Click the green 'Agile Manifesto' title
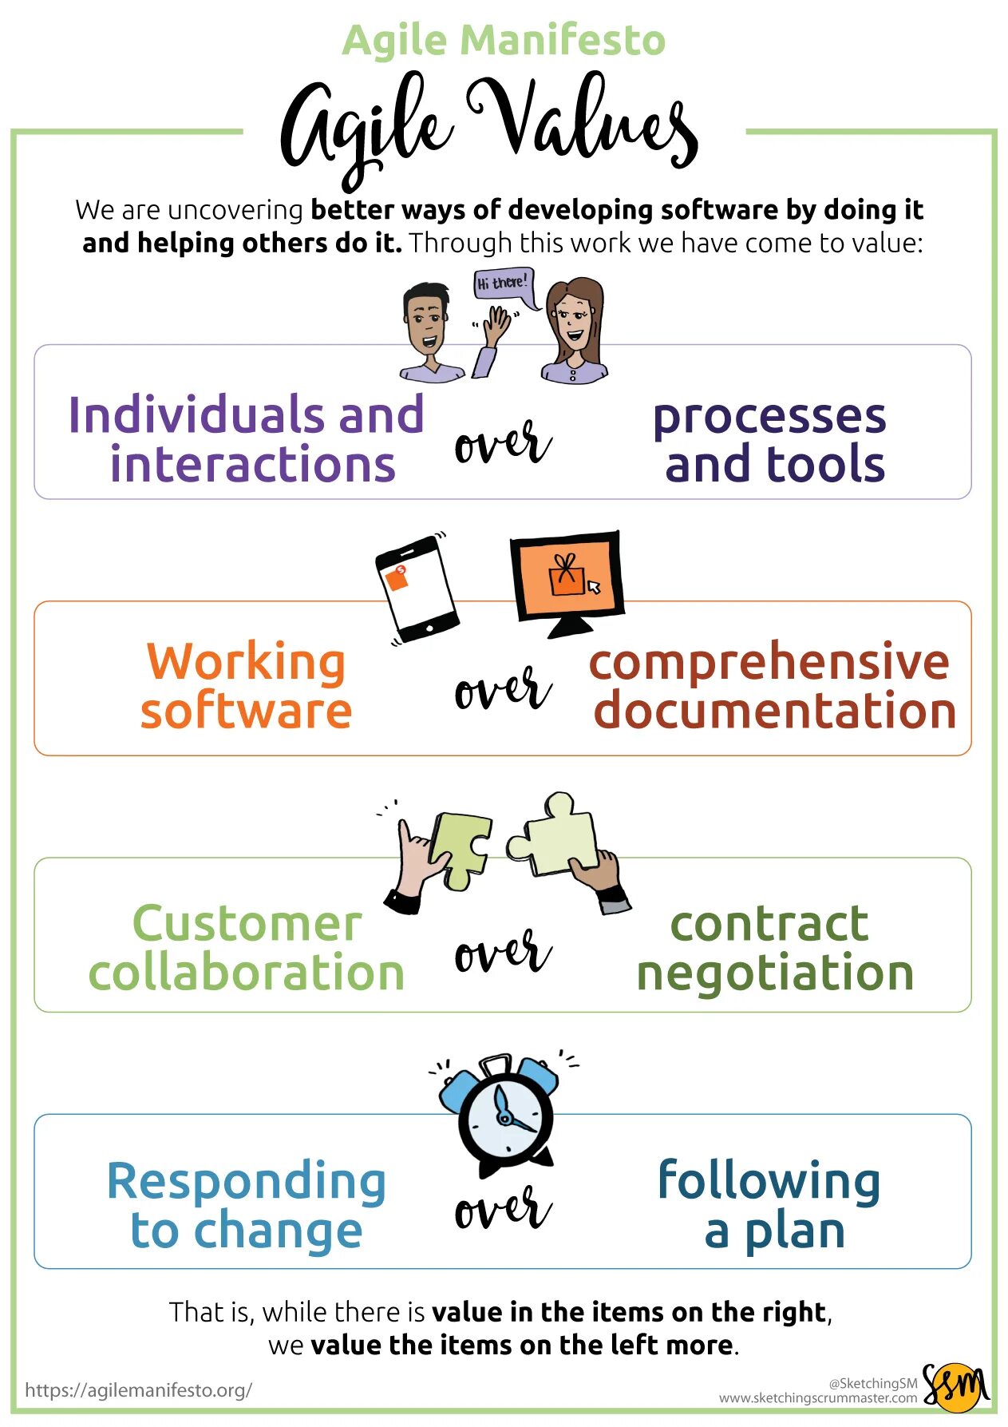[504, 40]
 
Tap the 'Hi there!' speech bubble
[502, 283]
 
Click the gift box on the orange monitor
[566, 577]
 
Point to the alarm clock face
[505, 1113]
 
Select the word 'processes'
[769, 417]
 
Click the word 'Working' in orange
[246, 663]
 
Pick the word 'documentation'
[774, 711]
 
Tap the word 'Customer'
[247, 924]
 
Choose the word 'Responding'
[246, 1182]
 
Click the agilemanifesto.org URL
[138, 1390]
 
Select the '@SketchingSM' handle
[872, 1383]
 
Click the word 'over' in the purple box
[502, 443]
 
